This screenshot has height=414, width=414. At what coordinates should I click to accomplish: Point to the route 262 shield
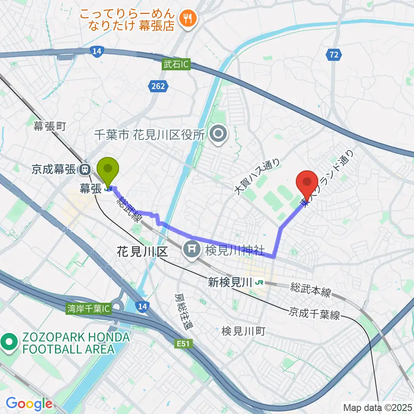coord(158,87)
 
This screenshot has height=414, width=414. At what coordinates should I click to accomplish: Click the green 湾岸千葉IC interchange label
coord(89,309)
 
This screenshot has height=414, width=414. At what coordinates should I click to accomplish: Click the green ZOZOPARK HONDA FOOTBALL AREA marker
coord(9,343)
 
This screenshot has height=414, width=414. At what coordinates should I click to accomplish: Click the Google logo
coord(29,404)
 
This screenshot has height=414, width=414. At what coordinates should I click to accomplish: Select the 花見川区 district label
coord(142,252)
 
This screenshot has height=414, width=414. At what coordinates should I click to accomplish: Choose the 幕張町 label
coord(50,126)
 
